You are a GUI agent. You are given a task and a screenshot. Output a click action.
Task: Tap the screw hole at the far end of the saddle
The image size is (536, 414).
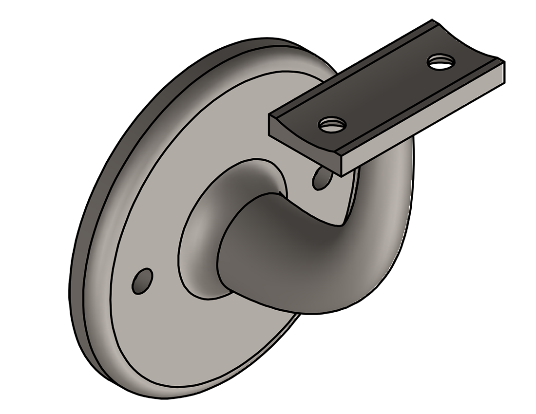tap(440, 61)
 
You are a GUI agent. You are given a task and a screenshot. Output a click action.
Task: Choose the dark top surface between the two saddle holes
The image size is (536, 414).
tap(385, 93)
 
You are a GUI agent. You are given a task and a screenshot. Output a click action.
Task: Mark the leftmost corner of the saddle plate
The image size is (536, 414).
tap(269, 117)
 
